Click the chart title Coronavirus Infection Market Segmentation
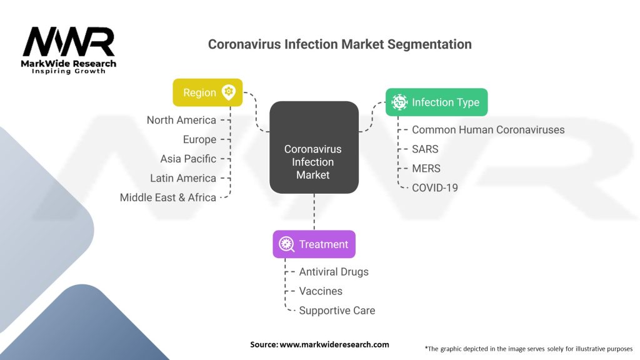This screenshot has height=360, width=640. pos(339,44)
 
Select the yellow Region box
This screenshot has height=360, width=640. pos(207,92)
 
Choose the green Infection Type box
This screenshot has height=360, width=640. pos(436,102)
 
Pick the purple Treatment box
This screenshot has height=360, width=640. pos(314,244)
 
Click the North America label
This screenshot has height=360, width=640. pos(181,120)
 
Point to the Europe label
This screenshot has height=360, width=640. pos(199,139)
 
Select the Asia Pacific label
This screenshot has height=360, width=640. pos(188,159)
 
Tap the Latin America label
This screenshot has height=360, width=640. pos(183,178)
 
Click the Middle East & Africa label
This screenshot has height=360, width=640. pos(167,197)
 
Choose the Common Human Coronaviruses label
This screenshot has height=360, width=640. pos(488,130)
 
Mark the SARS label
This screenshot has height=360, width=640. pos(425,149)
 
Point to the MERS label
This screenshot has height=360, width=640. pos(426,169)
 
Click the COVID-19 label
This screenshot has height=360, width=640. pos(435,187)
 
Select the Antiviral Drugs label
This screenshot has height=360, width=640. pos(334,272)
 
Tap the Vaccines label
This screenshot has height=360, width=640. pos(321,291)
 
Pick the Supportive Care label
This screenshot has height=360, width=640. pos(337,311)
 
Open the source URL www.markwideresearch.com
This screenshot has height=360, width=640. pos(334,344)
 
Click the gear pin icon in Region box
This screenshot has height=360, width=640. pos(229,92)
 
